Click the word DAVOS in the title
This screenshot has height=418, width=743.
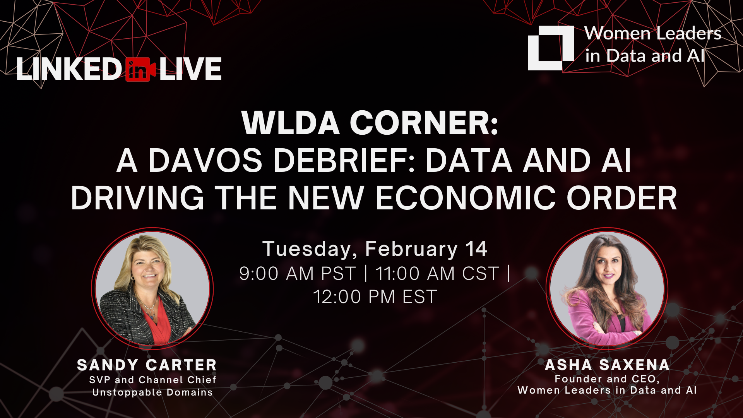(205, 161)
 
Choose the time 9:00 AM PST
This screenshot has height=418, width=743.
(297, 274)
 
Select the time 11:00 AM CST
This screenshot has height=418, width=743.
(437, 274)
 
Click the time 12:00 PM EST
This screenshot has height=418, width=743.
(375, 297)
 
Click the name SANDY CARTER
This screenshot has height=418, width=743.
(147, 365)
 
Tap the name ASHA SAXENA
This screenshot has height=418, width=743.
(607, 365)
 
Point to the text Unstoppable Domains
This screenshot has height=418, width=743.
(152, 392)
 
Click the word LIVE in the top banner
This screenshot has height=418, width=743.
(190, 69)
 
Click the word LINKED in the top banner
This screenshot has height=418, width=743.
(69, 69)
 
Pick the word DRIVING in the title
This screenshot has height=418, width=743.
(137, 198)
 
